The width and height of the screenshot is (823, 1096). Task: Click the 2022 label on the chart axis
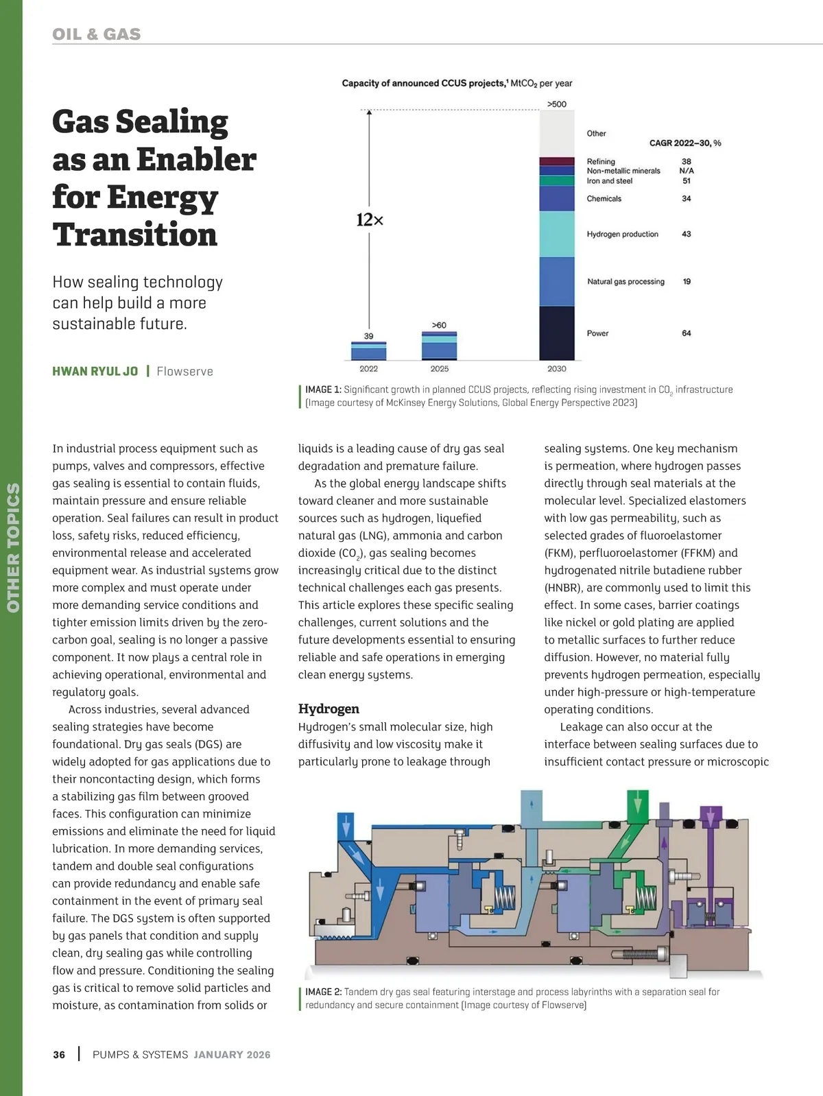pyautogui.click(x=369, y=369)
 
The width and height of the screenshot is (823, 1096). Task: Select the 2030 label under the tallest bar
pyautogui.click(x=557, y=369)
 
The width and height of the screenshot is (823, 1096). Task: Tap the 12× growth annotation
pyautogui.click(x=370, y=220)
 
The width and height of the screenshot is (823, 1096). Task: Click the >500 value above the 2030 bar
pyautogui.click(x=557, y=104)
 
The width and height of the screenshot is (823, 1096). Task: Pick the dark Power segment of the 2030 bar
pyautogui.click(x=557, y=333)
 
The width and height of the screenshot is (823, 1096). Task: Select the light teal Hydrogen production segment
pyautogui.click(x=557, y=234)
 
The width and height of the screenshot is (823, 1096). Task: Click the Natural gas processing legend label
pyautogui.click(x=625, y=282)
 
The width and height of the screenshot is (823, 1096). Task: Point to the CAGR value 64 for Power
pyautogui.click(x=687, y=333)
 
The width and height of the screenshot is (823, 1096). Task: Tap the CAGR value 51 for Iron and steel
pyautogui.click(x=687, y=181)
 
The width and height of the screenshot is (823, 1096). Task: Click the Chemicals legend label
pyautogui.click(x=604, y=199)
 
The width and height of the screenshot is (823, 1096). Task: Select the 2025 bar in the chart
pyautogui.click(x=440, y=346)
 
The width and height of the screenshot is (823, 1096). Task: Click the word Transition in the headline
pyautogui.click(x=135, y=235)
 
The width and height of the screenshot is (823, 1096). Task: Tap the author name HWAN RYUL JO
pyautogui.click(x=95, y=372)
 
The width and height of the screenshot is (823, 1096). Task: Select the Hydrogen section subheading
pyautogui.click(x=329, y=709)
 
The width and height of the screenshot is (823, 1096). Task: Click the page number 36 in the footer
pyautogui.click(x=60, y=1055)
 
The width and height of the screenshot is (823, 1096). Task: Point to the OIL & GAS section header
pyautogui.click(x=97, y=34)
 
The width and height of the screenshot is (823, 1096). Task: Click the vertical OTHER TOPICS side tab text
pyautogui.click(x=13, y=547)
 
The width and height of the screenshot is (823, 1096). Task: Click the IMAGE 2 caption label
pyautogui.click(x=323, y=992)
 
